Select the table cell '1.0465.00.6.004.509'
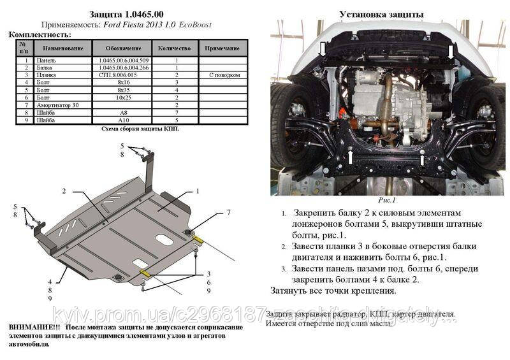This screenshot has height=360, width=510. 124,61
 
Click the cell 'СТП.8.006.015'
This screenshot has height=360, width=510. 124,75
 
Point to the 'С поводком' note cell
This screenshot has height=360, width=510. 224,75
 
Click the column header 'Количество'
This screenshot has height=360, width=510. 176,48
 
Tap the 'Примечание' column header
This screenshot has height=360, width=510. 224,48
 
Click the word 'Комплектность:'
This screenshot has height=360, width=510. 40,34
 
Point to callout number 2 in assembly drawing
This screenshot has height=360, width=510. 64,191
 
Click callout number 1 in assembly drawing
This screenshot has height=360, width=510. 198,191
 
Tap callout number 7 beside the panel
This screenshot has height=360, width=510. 228,212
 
